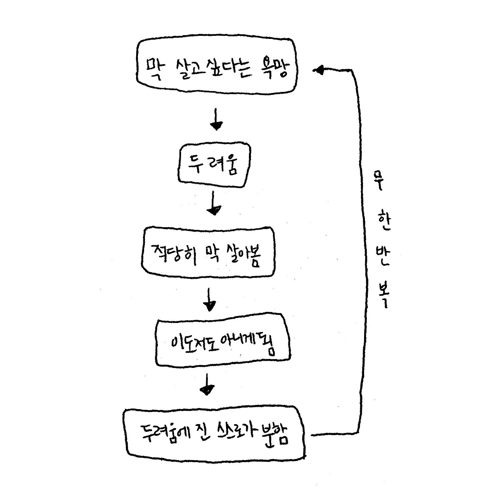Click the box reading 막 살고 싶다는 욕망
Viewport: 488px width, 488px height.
[216, 66]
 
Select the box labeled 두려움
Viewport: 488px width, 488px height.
[214, 165]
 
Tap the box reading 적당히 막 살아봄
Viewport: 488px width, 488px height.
[208, 252]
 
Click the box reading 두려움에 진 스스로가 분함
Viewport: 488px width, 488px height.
[215, 433]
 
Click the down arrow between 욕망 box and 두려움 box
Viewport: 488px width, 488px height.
[216, 119]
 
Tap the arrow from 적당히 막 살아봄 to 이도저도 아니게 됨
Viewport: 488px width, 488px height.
[209, 300]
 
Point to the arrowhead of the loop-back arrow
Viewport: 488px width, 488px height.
[319, 70]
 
